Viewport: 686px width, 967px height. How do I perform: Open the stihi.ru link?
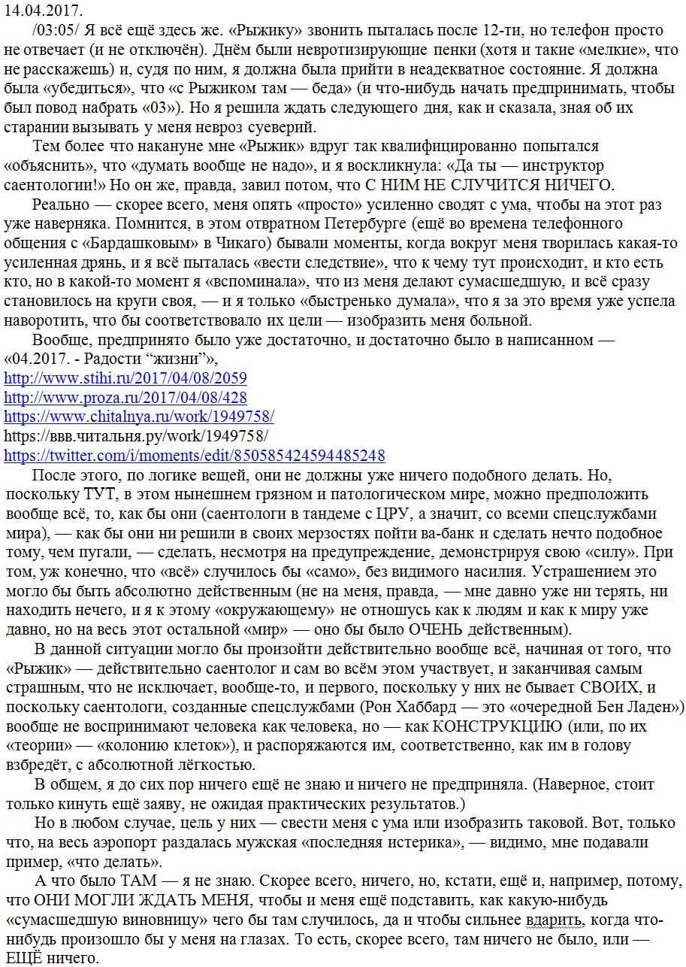(125, 377)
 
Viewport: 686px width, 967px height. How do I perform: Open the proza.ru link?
(125, 397)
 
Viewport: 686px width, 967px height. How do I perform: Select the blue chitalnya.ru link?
(139, 416)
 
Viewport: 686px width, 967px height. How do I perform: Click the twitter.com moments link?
(195, 455)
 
